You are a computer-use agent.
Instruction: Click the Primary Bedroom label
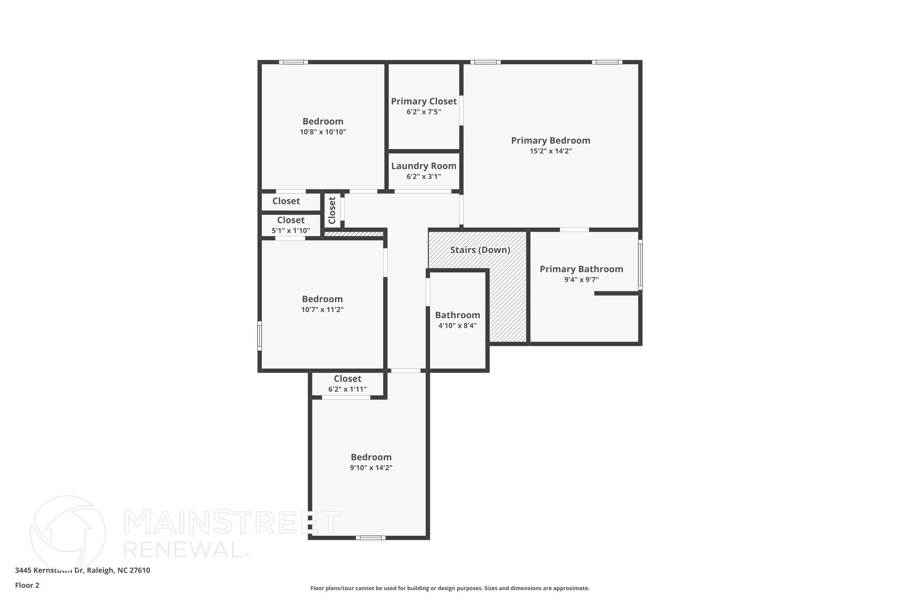550,141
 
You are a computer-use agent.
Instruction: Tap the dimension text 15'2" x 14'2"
550,151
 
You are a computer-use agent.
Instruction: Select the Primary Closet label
424,102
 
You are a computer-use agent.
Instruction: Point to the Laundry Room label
424,166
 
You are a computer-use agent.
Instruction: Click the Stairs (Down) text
480,250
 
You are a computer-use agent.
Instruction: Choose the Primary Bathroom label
581,269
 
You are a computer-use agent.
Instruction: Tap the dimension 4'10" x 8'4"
457,326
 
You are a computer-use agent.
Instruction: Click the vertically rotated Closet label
332,210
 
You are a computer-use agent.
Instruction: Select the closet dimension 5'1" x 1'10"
290,230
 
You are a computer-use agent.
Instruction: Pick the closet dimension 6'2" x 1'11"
347,389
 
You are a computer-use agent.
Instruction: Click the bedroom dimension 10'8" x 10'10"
323,132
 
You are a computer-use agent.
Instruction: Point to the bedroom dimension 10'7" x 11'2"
322,309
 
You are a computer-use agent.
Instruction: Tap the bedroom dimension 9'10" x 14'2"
371,468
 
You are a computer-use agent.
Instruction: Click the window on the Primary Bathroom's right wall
640,265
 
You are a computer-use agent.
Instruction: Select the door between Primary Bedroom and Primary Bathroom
574,229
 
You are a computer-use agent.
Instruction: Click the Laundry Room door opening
423,191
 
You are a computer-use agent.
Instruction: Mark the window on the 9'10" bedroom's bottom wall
370,538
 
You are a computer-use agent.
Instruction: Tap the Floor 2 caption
27,585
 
